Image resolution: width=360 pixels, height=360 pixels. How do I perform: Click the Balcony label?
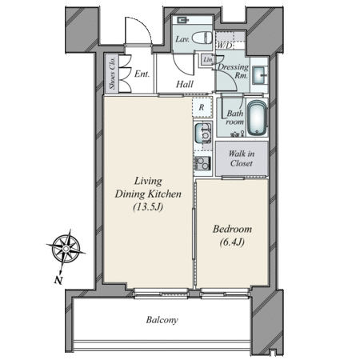click(x=162, y=320)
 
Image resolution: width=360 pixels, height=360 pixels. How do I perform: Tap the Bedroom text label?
click(x=232, y=229)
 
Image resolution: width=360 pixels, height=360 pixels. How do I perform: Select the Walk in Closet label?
click(x=242, y=158)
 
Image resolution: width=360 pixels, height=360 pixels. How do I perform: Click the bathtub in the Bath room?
click(x=258, y=118)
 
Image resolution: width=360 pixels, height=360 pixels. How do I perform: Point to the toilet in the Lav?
click(x=202, y=38)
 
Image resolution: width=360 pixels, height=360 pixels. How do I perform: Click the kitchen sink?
click(x=203, y=133)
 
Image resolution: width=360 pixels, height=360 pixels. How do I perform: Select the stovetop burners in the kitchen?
click(x=202, y=163)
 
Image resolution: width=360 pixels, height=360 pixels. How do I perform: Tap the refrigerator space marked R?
click(x=202, y=107)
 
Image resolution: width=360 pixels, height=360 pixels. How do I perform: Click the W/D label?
click(x=225, y=46)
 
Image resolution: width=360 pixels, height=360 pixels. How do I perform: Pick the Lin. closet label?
click(x=208, y=60)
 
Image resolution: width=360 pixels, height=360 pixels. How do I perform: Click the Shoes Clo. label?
click(x=112, y=73)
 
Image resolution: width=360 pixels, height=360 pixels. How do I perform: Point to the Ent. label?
click(x=142, y=74)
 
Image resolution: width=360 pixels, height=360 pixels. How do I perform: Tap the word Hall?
click(x=185, y=84)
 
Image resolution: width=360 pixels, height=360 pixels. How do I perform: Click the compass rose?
click(x=66, y=249)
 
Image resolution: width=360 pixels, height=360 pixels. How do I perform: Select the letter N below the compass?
click(x=58, y=280)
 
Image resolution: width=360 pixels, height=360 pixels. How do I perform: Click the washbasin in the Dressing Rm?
click(x=259, y=75)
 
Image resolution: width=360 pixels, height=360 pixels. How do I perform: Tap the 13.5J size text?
click(x=148, y=207)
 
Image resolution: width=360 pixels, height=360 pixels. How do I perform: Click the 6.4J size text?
click(x=232, y=242)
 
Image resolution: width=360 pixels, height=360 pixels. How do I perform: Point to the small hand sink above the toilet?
click(x=182, y=20)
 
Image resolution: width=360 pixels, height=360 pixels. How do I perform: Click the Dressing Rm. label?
click(x=233, y=71)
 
